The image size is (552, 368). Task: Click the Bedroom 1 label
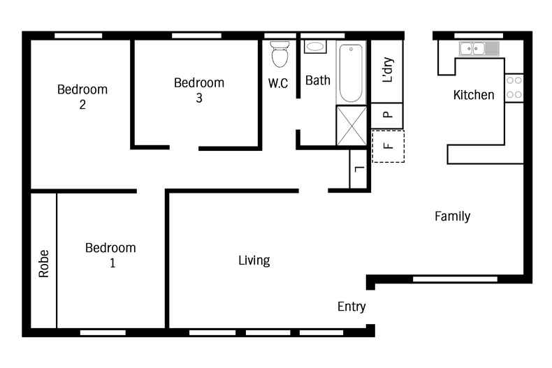pyautogui.click(x=110, y=255)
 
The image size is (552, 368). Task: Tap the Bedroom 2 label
pyautogui.click(x=82, y=96)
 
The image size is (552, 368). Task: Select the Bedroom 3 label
pyautogui.click(x=199, y=90)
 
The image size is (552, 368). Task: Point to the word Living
pyautogui.click(x=254, y=260)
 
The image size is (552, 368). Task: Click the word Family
pyautogui.click(x=452, y=216)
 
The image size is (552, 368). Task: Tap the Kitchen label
pyautogui.click(x=474, y=95)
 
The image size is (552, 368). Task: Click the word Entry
pyautogui.click(x=351, y=307)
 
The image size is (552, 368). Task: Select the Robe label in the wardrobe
pyautogui.click(x=44, y=264)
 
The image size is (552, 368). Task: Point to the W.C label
pyautogui.click(x=279, y=82)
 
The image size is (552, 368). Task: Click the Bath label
pyautogui.click(x=318, y=80)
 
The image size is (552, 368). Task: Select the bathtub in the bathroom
pyautogui.click(x=350, y=73)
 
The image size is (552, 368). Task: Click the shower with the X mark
pyautogui.click(x=351, y=126)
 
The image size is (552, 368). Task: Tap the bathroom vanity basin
pyautogui.click(x=315, y=47)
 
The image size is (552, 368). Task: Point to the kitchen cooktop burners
pyautogui.click(x=514, y=87)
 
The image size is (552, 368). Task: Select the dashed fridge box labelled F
pyautogui.click(x=388, y=147)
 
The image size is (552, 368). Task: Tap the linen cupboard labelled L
pyautogui.click(x=359, y=168)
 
